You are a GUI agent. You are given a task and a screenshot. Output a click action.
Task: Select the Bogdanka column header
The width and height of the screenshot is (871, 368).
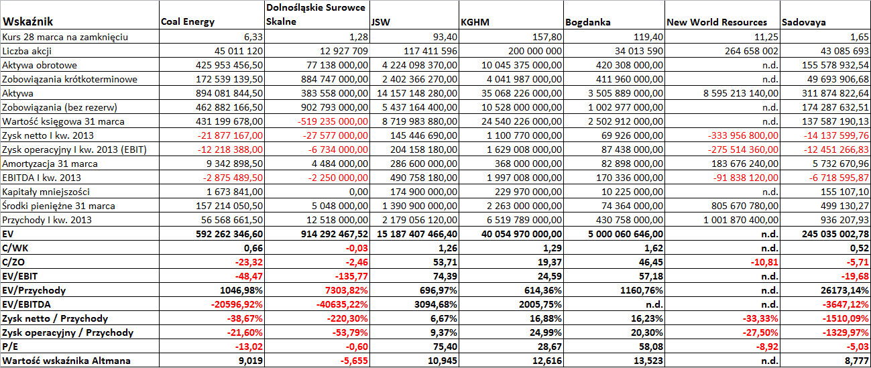(x=587, y=22)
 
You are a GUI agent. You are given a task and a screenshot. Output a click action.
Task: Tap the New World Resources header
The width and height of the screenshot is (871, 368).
(x=717, y=22)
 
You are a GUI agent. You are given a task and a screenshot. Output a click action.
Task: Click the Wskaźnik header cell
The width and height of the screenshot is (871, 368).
(x=27, y=21)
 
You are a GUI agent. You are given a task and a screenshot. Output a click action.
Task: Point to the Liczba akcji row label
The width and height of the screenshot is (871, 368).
(x=27, y=51)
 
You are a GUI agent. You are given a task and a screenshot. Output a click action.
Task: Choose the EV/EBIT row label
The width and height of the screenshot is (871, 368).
(x=20, y=276)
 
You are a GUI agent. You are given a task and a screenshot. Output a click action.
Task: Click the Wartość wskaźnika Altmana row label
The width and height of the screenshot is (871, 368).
(x=66, y=361)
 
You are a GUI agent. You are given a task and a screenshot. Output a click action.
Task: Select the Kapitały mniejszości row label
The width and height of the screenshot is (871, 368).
(x=46, y=192)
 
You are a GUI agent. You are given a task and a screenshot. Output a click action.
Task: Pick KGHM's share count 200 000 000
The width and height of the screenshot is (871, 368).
(x=534, y=51)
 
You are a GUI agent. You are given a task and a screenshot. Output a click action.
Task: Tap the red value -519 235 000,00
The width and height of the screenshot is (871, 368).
(x=333, y=121)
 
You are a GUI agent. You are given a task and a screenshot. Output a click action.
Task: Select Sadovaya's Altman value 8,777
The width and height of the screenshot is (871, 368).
(x=857, y=361)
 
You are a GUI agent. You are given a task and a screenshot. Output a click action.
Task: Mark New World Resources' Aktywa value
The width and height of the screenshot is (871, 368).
(x=741, y=93)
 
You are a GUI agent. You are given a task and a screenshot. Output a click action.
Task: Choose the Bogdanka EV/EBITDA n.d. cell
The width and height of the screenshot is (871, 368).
(x=653, y=305)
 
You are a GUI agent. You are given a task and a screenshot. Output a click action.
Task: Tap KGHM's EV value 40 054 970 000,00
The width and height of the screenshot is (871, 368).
(x=522, y=235)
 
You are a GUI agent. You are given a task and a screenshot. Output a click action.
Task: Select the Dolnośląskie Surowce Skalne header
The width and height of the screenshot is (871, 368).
(x=316, y=14)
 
